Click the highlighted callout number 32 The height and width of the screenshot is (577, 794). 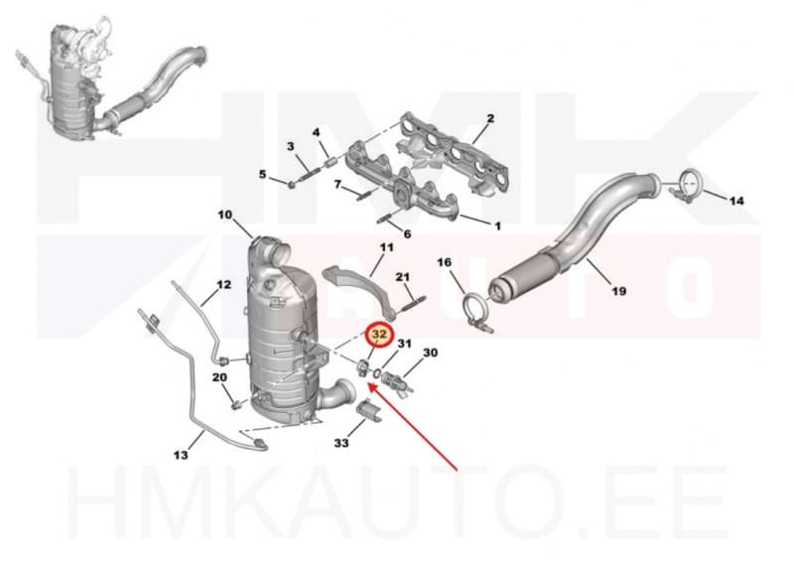[379, 335]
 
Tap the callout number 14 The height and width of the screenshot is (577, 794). [736, 202]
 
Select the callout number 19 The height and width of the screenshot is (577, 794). [618, 291]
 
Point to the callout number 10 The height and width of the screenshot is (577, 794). [225, 215]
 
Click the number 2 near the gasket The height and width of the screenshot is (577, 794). [490, 118]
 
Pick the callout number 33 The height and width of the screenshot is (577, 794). [341, 443]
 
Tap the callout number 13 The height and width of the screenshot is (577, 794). [181, 455]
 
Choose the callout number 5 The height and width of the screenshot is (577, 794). [262, 174]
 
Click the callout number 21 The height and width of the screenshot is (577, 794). [403, 277]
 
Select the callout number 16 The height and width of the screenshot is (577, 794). [444, 262]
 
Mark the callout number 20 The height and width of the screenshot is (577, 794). [219, 377]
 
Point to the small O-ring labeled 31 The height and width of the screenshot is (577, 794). [377, 373]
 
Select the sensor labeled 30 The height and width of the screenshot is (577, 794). [399, 381]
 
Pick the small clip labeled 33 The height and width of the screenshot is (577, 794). [370, 411]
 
